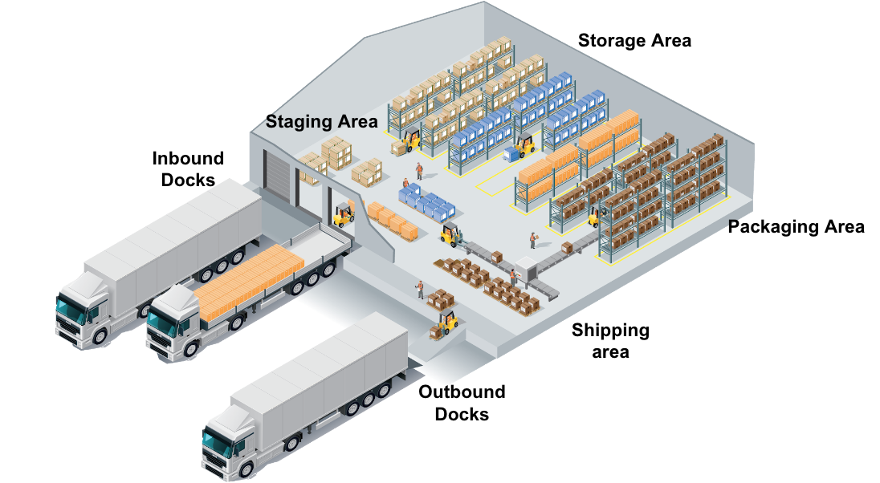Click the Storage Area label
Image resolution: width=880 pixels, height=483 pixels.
coord(634,40)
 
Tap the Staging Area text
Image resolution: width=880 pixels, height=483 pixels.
coord(321,122)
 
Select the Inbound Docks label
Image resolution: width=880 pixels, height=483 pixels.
coord(188,169)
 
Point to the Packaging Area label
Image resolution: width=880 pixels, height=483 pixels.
coord(796,227)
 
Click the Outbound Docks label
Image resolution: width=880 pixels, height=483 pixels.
coord(462,403)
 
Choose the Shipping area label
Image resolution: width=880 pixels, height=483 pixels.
coord(610,340)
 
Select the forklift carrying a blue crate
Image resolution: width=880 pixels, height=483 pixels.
coord(523,148)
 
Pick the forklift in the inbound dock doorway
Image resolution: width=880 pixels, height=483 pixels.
coord(344,214)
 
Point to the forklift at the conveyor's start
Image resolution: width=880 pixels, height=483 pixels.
coord(451,234)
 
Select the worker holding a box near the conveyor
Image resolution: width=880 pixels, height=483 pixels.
coord(532,240)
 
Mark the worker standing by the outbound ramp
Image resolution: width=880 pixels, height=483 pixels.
coord(419,290)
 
